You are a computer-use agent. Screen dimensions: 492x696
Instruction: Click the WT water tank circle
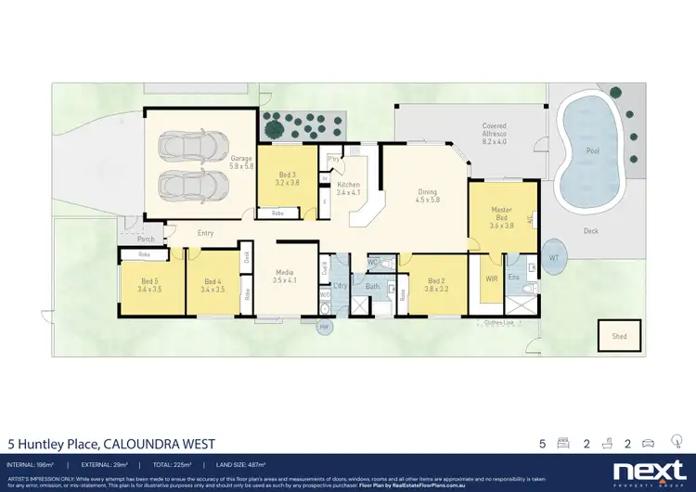coord(554,256)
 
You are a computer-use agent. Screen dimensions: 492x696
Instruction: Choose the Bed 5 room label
coord(148,285)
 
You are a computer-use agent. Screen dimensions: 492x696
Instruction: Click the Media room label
coord(283,276)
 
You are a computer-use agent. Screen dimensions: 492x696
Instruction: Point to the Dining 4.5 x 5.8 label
coord(426,196)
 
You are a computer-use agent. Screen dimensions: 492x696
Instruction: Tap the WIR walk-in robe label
coord(492,278)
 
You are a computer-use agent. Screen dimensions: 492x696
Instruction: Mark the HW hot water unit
coord(324,327)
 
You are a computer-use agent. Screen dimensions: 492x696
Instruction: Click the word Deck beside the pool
coord(590,231)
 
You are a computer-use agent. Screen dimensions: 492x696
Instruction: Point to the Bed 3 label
coord(287,178)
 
